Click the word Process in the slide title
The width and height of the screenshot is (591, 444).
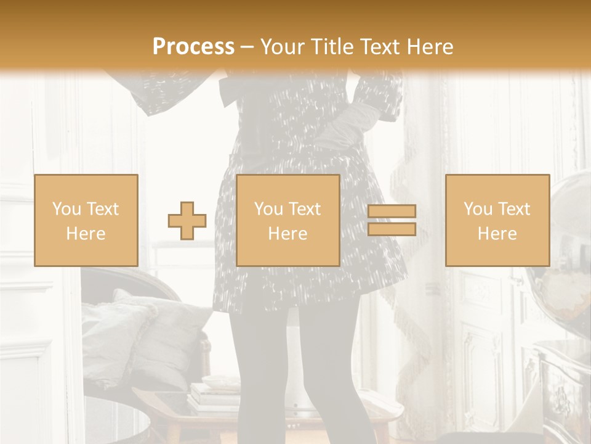[x=193, y=46]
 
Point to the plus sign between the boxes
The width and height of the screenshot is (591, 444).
[x=187, y=221]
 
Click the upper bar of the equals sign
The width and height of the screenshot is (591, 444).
[x=392, y=211]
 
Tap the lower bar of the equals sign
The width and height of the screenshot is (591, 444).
[x=392, y=229]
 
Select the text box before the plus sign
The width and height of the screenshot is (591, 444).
[x=86, y=220]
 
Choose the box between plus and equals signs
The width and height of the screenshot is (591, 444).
[x=287, y=220]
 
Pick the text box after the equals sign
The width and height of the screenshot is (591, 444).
[x=497, y=220]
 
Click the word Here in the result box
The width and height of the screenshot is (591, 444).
[x=497, y=234]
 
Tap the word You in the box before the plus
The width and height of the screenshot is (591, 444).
[x=66, y=209]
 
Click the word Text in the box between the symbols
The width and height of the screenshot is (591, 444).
[x=305, y=209]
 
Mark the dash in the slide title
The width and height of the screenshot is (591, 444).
[x=247, y=47]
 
